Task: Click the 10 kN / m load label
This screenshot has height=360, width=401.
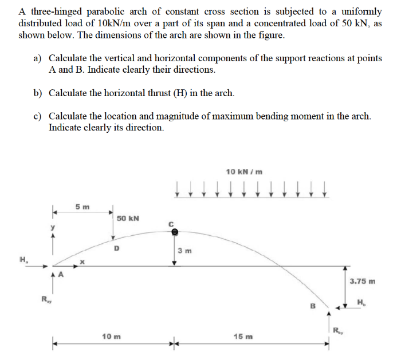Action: (x=245, y=171)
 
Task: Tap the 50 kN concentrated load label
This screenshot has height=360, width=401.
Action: (x=127, y=219)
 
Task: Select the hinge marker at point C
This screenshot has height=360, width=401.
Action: (x=175, y=232)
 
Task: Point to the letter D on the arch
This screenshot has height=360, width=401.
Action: (x=117, y=248)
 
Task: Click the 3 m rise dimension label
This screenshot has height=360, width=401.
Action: (x=185, y=251)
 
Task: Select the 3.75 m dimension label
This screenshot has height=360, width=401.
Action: (x=362, y=281)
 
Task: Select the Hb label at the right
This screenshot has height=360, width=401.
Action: (x=360, y=302)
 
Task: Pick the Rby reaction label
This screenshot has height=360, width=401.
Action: (x=339, y=329)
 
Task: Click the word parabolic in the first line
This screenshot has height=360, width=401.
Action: (x=112, y=11)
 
